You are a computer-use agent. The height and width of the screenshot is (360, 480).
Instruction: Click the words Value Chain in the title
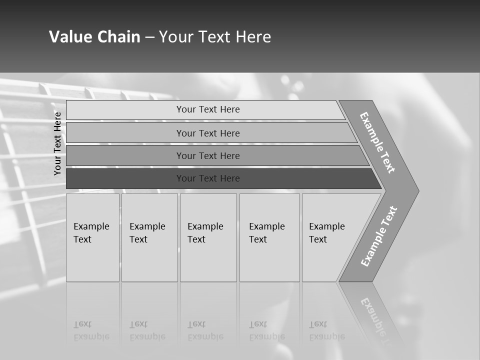tap(94, 37)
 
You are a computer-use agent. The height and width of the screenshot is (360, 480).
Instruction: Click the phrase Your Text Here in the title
tap(215, 37)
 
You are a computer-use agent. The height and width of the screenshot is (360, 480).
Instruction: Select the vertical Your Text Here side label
tap(57, 143)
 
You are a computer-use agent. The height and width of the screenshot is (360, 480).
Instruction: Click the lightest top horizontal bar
tap(208, 109)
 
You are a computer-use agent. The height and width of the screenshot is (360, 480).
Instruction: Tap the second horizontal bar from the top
tap(208, 133)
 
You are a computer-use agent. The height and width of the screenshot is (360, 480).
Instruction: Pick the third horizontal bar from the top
tap(208, 156)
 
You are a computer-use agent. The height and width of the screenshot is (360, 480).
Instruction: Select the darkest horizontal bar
tap(208, 178)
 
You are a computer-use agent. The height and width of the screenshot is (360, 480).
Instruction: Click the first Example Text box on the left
tap(92, 237)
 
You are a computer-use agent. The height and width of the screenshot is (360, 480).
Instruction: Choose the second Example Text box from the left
tap(149, 237)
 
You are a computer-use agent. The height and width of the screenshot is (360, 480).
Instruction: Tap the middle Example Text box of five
tap(208, 237)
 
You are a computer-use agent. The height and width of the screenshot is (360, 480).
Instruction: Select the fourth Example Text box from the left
tap(269, 237)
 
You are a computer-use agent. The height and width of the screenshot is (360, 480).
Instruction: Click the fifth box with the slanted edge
tap(330, 237)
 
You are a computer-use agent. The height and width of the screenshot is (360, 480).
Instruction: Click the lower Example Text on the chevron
tap(379, 236)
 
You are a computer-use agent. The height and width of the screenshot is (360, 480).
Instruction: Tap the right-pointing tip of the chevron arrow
tap(415, 190)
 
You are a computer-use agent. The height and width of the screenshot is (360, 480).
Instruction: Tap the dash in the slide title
tap(149, 37)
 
